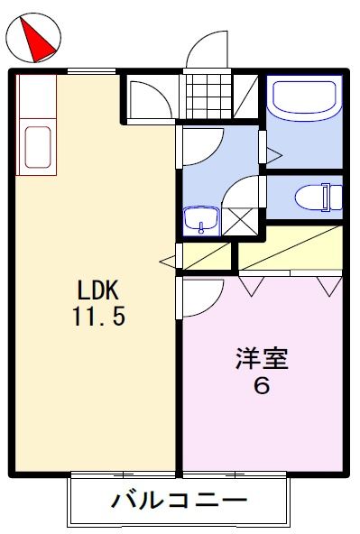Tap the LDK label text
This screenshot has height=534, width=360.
pyautogui.click(x=98, y=290)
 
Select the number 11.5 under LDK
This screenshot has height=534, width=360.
pyautogui.click(x=98, y=318)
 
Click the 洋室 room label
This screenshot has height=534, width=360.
pyautogui.click(x=262, y=359)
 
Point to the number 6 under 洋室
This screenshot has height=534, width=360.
pyautogui.click(x=262, y=386)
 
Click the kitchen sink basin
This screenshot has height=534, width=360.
pyautogui.click(x=36, y=147)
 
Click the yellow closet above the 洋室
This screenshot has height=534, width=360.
pyautogui.click(x=289, y=248)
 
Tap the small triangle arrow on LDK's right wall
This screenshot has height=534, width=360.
pyautogui.click(x=167, y=262)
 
